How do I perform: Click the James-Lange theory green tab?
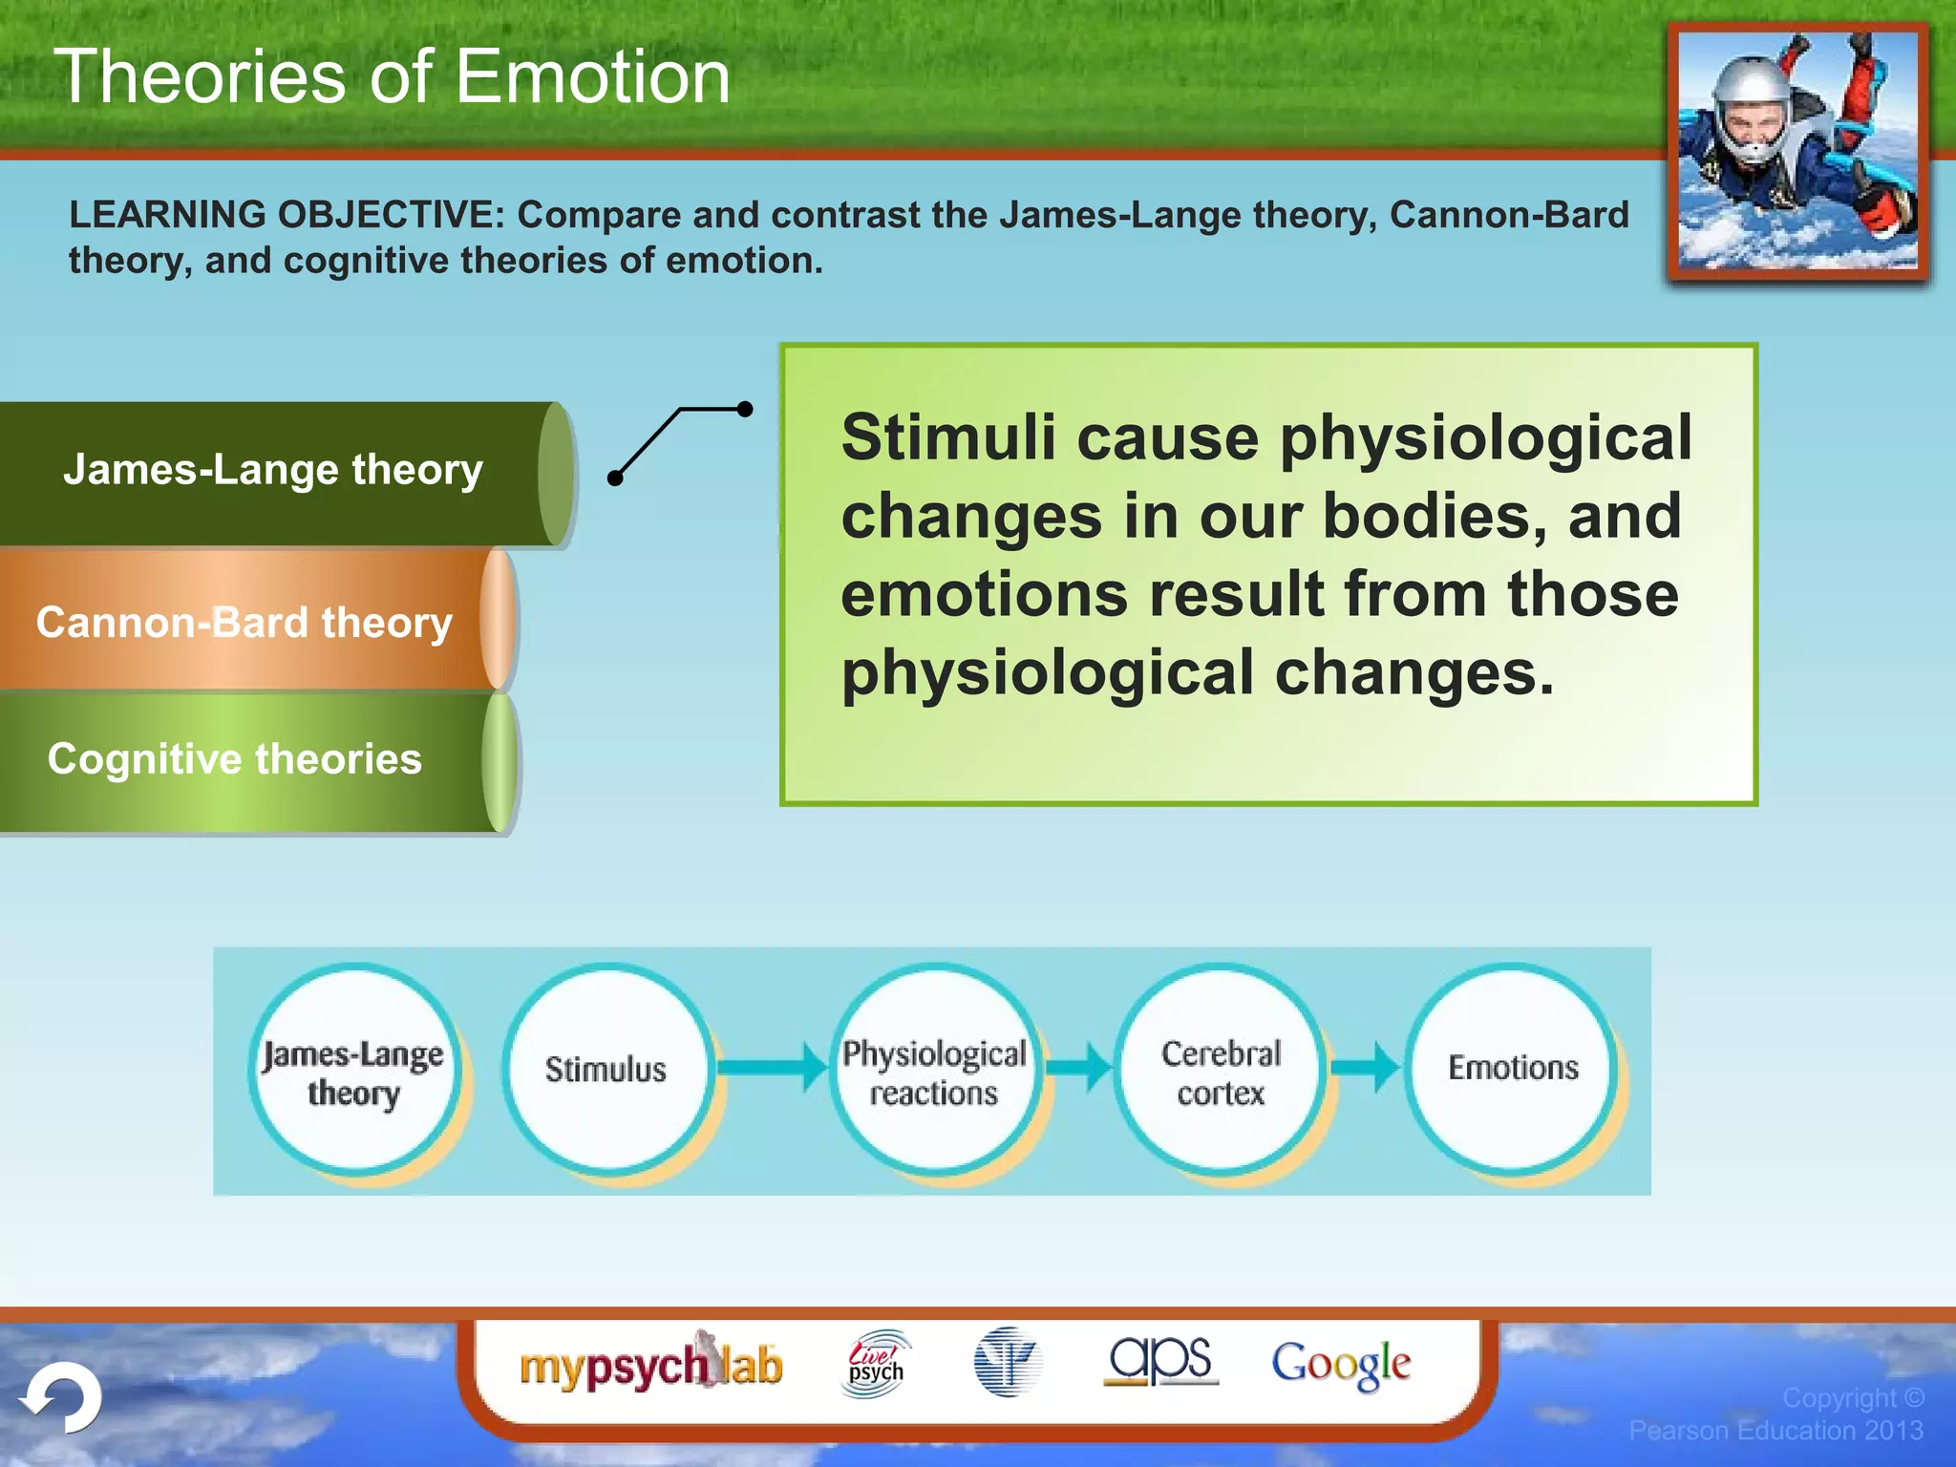coord(277,472)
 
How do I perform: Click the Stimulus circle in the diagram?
coord(606,1069)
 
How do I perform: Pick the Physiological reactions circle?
coord(934,1071)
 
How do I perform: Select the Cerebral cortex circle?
coord(1221,1071)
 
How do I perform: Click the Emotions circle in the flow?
coord(1512,1068)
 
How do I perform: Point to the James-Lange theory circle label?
coord(352,1072)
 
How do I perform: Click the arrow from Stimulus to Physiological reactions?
coord(772,1067)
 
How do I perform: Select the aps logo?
coord(1159,1360)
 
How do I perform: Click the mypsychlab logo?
coord(650,1365)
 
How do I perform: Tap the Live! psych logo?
coord(876,1364)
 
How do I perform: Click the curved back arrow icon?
coord(63,1398)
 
